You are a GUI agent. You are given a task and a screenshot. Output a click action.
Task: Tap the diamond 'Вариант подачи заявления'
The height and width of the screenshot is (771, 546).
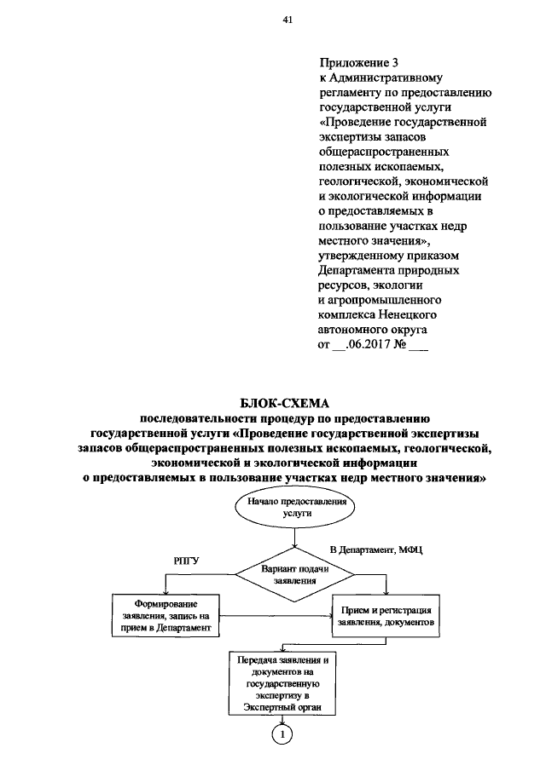(x=295, y=572)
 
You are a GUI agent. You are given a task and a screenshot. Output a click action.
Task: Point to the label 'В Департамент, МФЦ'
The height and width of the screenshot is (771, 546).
(x=376, y=551)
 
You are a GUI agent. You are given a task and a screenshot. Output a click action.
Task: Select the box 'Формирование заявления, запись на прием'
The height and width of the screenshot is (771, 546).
(x=161, y=613)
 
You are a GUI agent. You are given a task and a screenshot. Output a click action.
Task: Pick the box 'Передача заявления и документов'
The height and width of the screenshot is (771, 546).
(x=280, y=684)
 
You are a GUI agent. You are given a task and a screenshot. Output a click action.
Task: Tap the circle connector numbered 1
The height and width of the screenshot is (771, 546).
(x=281, y=733)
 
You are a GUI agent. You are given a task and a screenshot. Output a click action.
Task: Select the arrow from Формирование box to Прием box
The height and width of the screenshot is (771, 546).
(x=271, y=614)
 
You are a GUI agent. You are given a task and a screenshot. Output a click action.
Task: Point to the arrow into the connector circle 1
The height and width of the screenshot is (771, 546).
(x=281, y=719)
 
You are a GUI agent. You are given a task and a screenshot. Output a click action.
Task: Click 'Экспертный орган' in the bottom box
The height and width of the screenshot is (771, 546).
(x=280, y=707)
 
